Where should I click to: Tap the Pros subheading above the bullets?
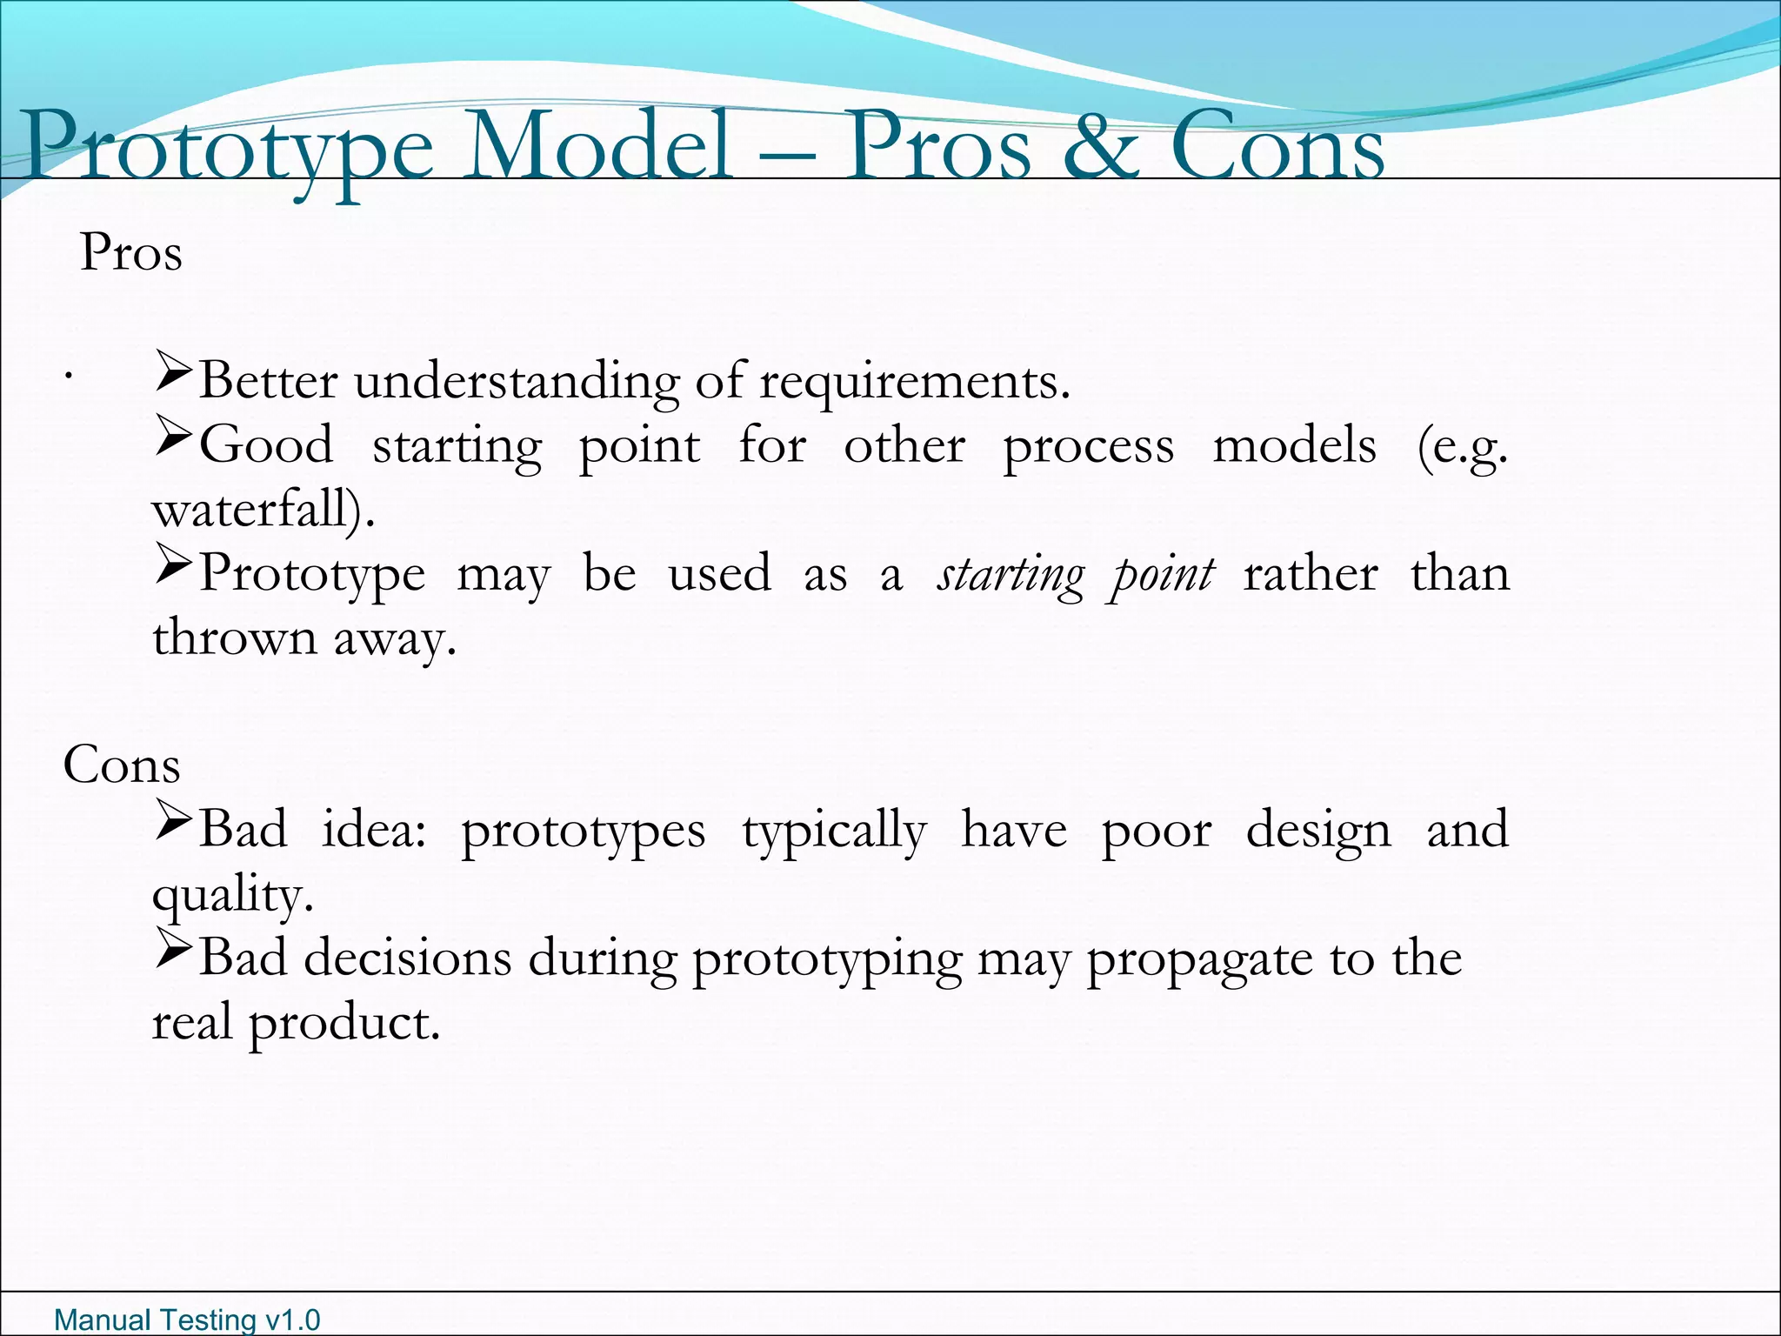[131, 253]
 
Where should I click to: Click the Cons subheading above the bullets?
[122, 765]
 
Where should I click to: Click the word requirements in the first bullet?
[913, 383]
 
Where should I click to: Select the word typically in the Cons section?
[834, 832]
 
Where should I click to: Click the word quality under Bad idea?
[231, 895]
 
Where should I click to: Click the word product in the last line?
[344, 1025]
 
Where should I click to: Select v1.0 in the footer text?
[292, 1320]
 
